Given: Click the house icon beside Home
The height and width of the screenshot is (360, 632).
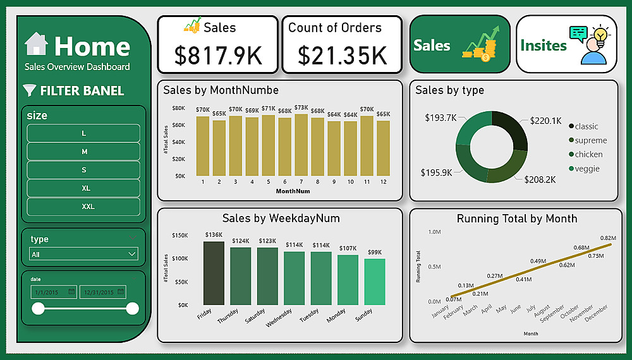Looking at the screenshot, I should (x=36, y=44).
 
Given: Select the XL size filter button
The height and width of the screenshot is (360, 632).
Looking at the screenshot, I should (x=83, y=188).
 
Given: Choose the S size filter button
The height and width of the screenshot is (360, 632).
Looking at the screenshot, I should (x=83, y=170).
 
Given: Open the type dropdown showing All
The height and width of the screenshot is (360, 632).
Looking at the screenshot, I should (x=83, y=254).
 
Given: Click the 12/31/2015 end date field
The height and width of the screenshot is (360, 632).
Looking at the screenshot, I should (x=103, y=292).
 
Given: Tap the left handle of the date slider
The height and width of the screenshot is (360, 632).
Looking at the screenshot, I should (x=39, y=308).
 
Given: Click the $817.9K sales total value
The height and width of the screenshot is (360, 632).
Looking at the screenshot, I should (x=217, y=56).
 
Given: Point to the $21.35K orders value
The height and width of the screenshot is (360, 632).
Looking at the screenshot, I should (x=342, y=56).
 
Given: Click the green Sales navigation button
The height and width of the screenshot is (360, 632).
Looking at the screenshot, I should (x=459, y=45).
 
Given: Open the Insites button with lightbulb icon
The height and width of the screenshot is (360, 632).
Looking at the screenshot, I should (x=566, y=45).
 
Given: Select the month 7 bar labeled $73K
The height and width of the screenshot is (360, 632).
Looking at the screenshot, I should (x=301, y=145).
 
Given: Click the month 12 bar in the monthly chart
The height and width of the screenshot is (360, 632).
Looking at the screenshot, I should (x=383, y=148).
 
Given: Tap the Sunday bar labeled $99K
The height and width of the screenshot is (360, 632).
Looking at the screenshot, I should (x=375, y=282).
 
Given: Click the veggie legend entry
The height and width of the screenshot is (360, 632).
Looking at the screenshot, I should (x=587, y=169).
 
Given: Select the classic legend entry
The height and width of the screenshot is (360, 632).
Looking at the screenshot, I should (x=586, y=126).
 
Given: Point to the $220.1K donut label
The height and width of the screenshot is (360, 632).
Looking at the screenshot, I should (x=545, y=121).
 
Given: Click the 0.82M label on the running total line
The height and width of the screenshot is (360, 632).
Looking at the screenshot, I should (x=607, y=237).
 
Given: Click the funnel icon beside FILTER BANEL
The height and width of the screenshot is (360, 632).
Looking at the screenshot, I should (x=29, y=90).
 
